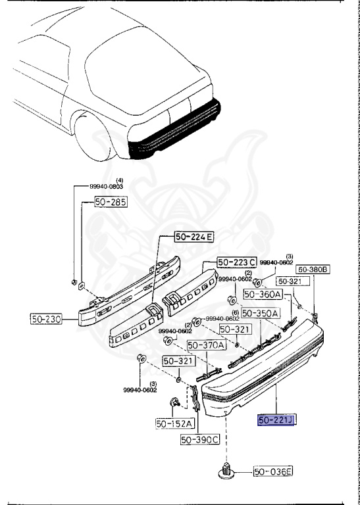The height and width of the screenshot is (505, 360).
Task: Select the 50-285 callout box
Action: coord(111,202)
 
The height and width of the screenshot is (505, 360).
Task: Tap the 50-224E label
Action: coord(194,237)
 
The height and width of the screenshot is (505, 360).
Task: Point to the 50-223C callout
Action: coord(236,262)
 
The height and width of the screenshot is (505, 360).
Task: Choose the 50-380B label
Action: coord(313,269)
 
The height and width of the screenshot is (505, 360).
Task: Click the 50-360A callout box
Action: coord(263,294)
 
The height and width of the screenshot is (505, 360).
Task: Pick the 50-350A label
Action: coord(261,313)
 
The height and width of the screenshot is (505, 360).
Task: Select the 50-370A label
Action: coord(207,346)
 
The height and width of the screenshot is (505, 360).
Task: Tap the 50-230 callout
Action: coord(46,319)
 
